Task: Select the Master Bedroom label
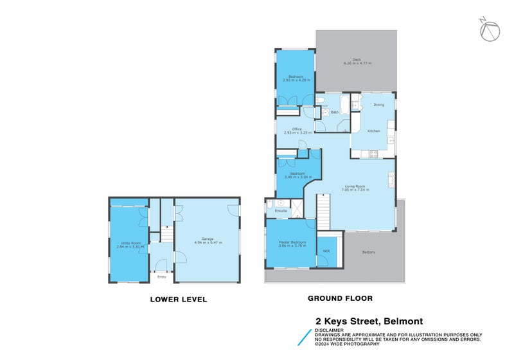(x=292, y=243)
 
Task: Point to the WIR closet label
(x=326, y=251)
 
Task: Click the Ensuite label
(x=281, y=211)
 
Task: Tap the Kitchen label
(x=373, y=131)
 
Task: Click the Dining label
(x=379, y=105)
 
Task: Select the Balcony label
(x=369, y=251)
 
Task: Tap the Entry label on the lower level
(x=161, y=276)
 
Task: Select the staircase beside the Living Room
(x=323, y=213)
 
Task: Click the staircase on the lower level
(x=166, y=234)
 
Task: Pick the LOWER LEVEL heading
(x=178, y=299)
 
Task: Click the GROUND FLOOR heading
(x=340, y=298)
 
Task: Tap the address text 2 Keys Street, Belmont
(x=368, y=321)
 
